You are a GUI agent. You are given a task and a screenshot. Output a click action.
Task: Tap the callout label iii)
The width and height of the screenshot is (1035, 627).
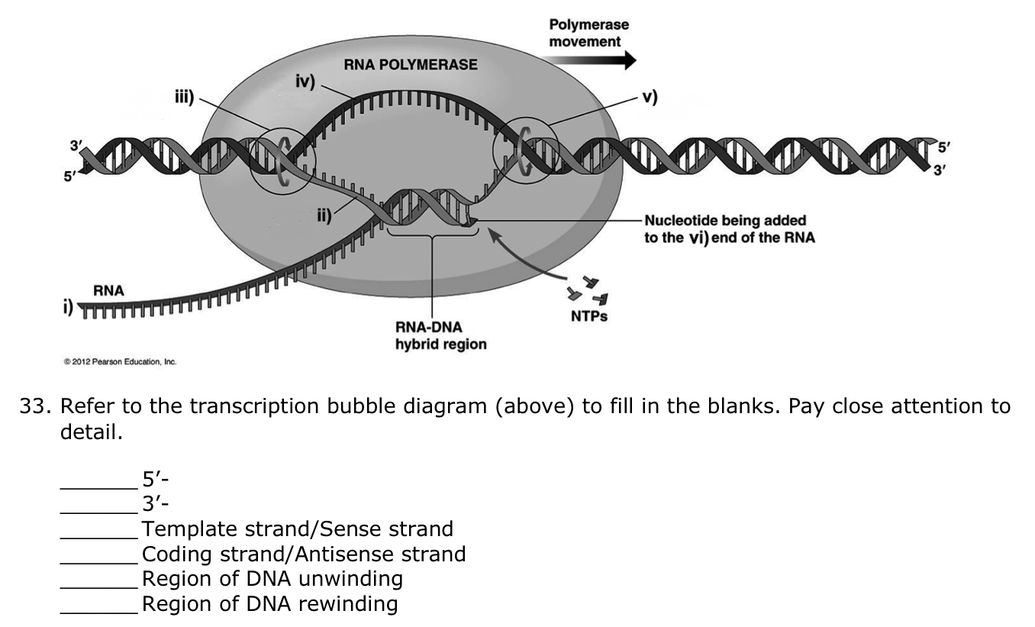click(x=183, y=97)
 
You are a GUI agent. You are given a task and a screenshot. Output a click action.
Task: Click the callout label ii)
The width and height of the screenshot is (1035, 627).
click(x=324, y=216)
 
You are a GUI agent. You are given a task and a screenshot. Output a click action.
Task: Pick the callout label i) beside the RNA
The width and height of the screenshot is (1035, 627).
click(x=69, y=308)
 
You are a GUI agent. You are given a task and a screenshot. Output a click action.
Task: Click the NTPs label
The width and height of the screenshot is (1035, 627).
click(x=589, y=316)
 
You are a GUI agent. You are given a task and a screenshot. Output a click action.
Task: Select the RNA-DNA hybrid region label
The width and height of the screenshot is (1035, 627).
click(x=440, y=336)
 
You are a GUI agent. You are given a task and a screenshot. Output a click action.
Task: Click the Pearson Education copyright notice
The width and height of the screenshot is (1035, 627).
click(x=120, y=362)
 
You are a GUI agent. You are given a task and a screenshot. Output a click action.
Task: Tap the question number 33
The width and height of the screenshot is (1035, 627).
click(x=33, y=406)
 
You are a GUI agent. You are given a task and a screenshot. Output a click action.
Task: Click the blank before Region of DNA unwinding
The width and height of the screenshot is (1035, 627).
click(x=99, y=580)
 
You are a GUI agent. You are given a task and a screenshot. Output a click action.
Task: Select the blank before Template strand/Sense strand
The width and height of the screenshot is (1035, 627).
click(x=99, y=529)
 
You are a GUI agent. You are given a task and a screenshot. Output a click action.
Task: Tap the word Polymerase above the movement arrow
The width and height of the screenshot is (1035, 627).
click(x=588, y=25)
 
